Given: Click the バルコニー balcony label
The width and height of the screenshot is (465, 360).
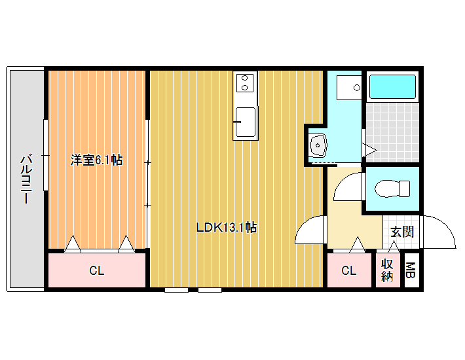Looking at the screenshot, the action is pyautogui.click(x=26, y=179).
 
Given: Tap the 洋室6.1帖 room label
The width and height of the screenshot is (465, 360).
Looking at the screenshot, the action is pyautogui.click(x=96, y=160).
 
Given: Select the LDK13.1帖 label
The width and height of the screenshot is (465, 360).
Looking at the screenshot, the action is pyautogui.click(x=227, y=228).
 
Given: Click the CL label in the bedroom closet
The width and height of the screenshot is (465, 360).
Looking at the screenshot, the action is pyautogui.click(x=97, y=270).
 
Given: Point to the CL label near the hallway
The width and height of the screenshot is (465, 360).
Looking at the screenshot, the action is pyautogui.click(x=348, y=270).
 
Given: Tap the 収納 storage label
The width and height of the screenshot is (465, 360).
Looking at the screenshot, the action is pyautogui.click(x=387, y=270).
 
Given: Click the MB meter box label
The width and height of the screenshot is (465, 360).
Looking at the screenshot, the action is pyautogui.click(x=410, y=270).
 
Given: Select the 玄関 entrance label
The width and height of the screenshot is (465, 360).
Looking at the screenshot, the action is pyautogui.click(x=402, y=232).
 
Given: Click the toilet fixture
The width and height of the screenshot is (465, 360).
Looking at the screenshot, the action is pyautogui.click(x=392, y=189).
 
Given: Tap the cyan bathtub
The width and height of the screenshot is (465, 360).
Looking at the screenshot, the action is pyautogui.click(x=392, y=86).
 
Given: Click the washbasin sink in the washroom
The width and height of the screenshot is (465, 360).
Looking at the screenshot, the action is pyautogui.click(x=318, y=145).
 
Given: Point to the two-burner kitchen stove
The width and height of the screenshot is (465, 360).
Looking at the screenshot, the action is pyautogui.click(x=245, y=82).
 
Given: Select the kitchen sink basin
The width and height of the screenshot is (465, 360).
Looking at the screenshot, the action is pyautogui.click(x=245, y=122).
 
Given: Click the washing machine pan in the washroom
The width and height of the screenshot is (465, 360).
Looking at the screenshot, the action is pyautogui.click(x=349, y=88).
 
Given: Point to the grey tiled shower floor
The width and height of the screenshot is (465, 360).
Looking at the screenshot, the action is pyautogui.click(x=392, y=132).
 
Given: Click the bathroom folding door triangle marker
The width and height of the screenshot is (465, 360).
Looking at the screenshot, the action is pyautogui.click(x=369, y=151).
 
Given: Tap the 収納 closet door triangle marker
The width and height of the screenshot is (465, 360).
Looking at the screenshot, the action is pyautogui.click(x=394, y=247).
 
